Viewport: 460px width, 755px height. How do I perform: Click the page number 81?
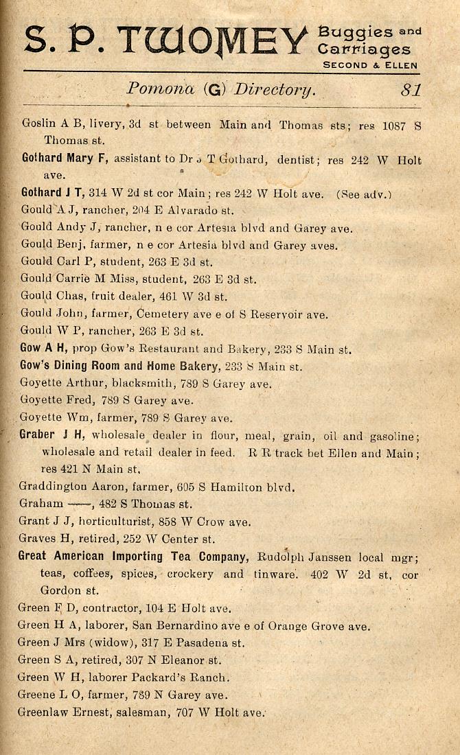411,90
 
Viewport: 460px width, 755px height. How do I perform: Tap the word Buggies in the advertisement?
356,32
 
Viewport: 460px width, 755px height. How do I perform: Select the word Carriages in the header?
364,49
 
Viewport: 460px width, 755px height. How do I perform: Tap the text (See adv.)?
364,194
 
